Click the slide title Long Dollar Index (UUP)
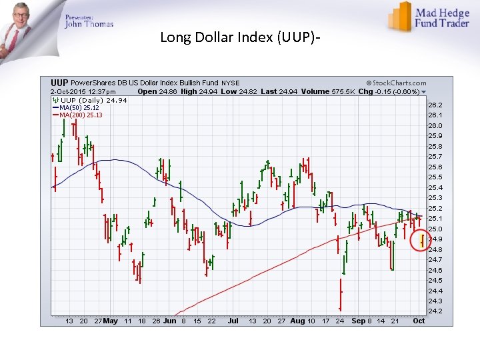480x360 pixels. (239, 37)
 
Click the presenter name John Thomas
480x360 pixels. (89, 24)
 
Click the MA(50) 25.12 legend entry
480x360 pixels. (79, 107)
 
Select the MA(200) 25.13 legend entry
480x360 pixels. (80, 115)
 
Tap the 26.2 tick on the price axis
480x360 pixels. (435, 105)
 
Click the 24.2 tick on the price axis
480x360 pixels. (435, 311)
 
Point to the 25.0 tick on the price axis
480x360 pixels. (435, 229)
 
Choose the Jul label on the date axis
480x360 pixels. (233, 321)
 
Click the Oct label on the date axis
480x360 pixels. (419, 321)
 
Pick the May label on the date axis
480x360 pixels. (111, 321)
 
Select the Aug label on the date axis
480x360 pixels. (297, 321)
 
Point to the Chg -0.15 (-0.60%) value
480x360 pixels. (389, 91)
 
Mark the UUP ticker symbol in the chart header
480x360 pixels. (60, 83)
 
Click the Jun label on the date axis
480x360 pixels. (170, 321)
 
